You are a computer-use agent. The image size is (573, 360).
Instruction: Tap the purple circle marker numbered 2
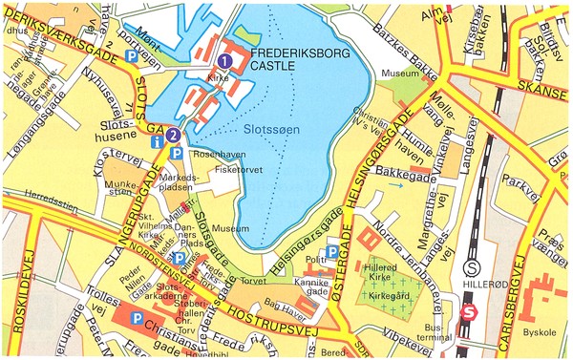pyautogui.click(x=172, y=136)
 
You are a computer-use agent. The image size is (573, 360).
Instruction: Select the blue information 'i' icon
pyautogui.click(x=158, y=141)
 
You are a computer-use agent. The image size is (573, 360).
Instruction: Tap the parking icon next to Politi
pyautogui.click(x=332, y=251)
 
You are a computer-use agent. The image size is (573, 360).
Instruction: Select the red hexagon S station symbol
pyautogui.click(x=468, y=311)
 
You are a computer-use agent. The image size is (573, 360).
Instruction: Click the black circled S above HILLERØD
pyautogui.click(x=471, y=267)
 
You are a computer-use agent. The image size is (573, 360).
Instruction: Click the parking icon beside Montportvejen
pyautogui.click(x=132, y=58)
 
